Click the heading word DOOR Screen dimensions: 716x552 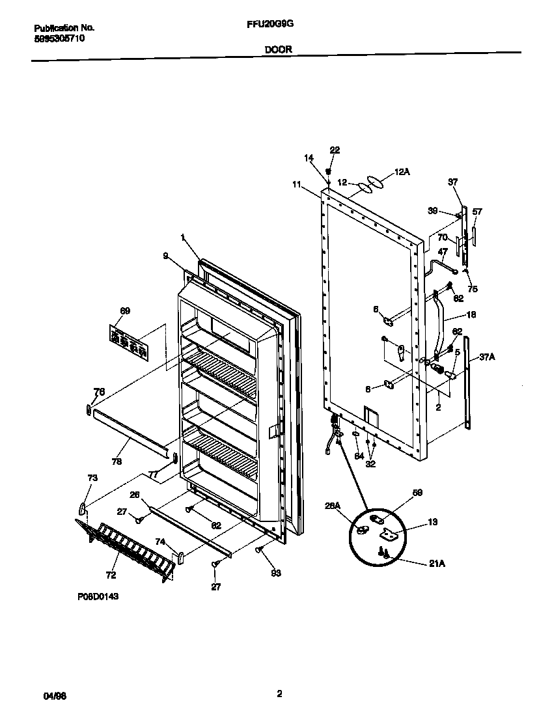[x=278, y=49]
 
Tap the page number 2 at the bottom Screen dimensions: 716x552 [x=279, y=694]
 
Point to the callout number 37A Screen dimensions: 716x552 [x=489, y=357]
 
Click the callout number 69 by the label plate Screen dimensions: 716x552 [x=125, y=310]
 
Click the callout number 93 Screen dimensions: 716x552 [x=275, y=573]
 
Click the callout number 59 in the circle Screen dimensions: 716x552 [x=417, y=493]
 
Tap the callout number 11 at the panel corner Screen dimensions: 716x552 [x=297, y=185]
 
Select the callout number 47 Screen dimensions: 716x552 [x=443, y=251]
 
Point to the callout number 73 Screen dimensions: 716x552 [x=92, y=478]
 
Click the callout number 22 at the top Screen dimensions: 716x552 [x=335, y=150]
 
